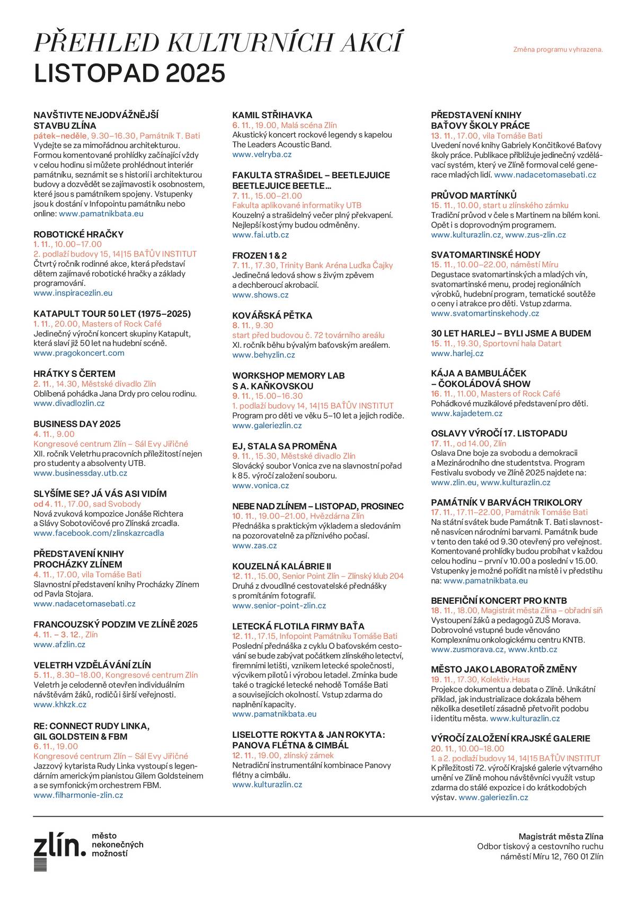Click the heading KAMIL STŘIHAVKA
[x=272, y=115]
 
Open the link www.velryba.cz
[x=262, y=154]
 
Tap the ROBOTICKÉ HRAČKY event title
[x=78, y=234]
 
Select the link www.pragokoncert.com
[x=79, y=353]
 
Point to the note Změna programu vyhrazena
[x=558, y=50]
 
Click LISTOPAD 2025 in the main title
[x=130, y=74]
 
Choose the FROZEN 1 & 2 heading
[x=260, y=255]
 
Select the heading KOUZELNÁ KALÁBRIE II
[x=282, y=566]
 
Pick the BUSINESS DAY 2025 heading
[x=77, y=424]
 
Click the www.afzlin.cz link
[x=59, y=645]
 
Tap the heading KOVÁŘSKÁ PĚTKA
[x=272, y=315]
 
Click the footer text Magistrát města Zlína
[x=560, y=836]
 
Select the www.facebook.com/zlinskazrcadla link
[x=99, y=533]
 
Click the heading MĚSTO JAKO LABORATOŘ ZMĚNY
[x=504, y=669]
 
